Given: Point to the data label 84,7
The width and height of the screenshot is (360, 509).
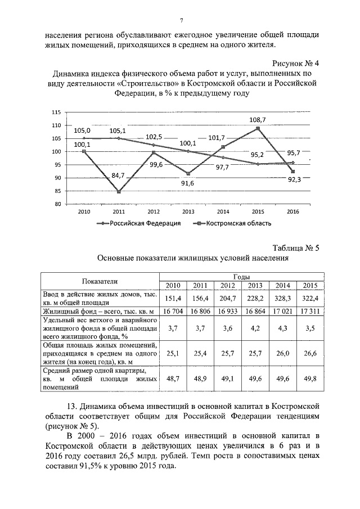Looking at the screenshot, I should [118, 175].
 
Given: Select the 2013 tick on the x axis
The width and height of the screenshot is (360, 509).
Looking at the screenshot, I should [188, 211].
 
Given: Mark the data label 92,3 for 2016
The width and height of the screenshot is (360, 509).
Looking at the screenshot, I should [294, 179].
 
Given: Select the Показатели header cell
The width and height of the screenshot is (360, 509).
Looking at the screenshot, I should [100, 281].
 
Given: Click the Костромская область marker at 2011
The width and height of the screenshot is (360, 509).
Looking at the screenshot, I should [119, 192].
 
